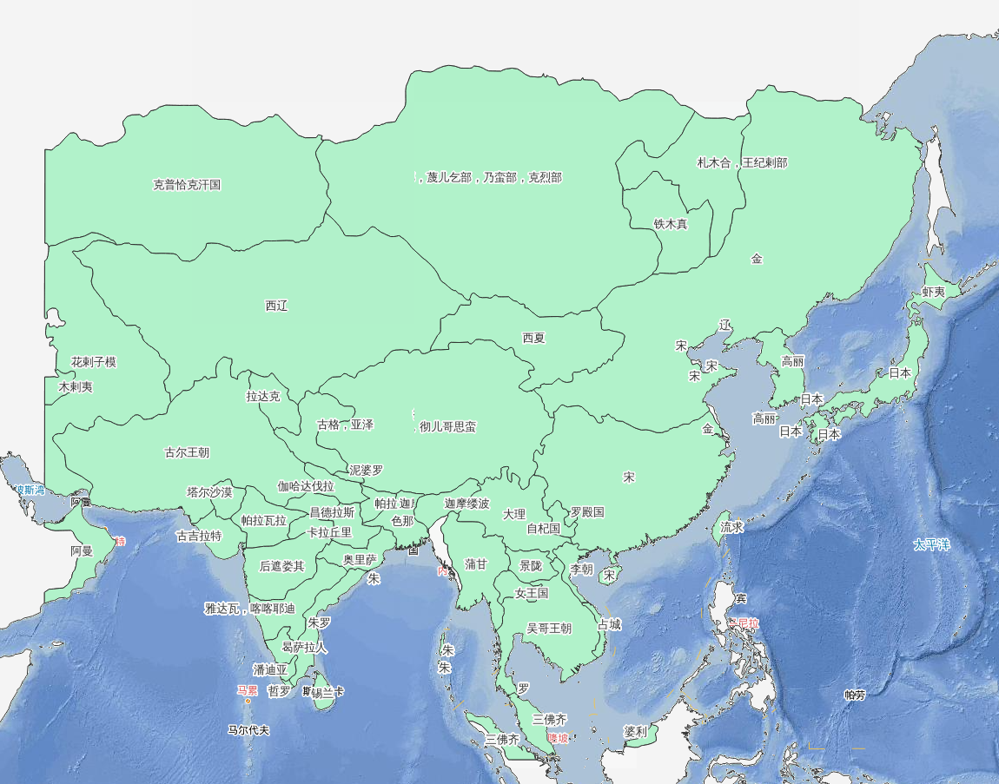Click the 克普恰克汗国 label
(187, 185)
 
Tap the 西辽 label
(276, 306)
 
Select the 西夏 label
(533, 338)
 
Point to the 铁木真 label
(671, 224)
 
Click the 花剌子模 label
(94, 362)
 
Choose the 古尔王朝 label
(187, 452)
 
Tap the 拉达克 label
(263, 397)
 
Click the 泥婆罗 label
(366, 470)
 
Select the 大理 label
(514, 514)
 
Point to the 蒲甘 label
(476, 564)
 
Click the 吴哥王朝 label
(549, 629)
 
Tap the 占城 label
(609, 624)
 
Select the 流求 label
(732, 527)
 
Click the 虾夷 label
(934, 293)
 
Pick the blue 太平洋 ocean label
(931, 545)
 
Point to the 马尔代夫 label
(248, 730)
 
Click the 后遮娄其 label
(282, 566)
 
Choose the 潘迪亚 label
(270, 670)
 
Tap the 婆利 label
(635, 732)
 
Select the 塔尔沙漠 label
(209, 492)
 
